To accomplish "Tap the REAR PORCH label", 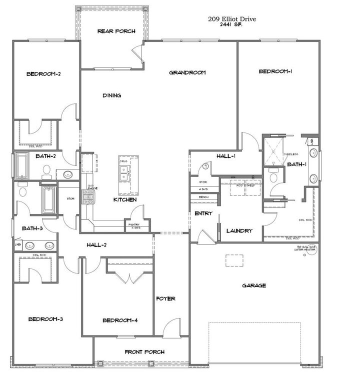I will (116, 31).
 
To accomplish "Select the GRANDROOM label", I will (187, 72).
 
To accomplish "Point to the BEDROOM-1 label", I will (275, 71).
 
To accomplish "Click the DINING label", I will (111, 95).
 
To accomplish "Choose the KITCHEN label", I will (125, 199).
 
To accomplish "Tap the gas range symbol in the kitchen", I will (88, 199).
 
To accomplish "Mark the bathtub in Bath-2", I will (22, 166).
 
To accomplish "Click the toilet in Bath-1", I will (273, 176).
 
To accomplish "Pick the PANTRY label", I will (133, 225).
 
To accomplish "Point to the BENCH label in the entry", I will (203, 197).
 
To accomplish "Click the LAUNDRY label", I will (239, 230).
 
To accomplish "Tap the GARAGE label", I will (254, 285).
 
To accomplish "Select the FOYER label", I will (165, 298).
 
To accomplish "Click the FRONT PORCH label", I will (144, 352).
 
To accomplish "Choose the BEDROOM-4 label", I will (119, 320).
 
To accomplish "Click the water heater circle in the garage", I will (313, 248).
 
